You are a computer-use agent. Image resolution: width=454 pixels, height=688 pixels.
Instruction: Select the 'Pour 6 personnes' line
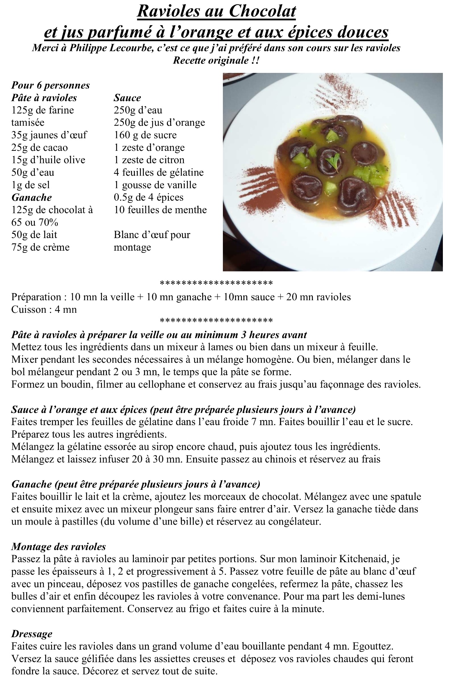(51, 85)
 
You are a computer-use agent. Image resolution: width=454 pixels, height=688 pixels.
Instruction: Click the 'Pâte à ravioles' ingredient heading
(44, 98)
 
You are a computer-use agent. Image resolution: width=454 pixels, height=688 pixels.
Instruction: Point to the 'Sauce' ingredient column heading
(127, 98)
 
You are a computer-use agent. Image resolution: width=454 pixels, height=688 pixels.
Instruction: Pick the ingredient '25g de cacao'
(39, 148)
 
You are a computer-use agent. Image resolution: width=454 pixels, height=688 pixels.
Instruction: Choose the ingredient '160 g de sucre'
(145, 135)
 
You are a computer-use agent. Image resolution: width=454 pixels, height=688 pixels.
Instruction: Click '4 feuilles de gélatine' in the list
(159, 172)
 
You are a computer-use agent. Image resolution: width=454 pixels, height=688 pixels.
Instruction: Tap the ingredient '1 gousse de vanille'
(155, 185)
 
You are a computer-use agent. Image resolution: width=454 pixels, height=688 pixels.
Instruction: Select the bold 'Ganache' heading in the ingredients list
(32, 197)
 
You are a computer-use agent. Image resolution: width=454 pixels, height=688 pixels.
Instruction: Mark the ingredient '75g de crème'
(41, 247)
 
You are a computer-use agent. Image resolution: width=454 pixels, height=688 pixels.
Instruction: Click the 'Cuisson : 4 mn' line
(44, 310)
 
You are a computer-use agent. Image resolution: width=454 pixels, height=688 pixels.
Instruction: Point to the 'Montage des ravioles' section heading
(58, 547)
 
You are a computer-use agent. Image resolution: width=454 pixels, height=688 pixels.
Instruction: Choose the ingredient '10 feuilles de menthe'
(160, 210)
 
